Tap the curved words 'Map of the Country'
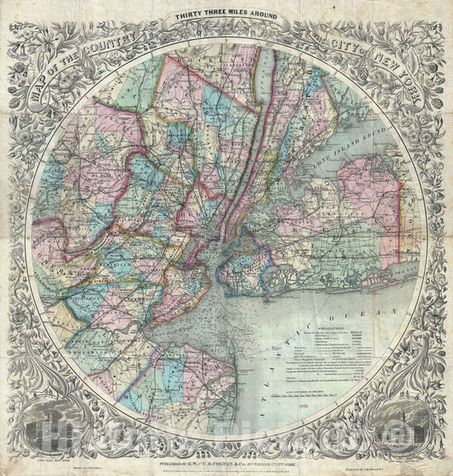pos(81,62)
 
